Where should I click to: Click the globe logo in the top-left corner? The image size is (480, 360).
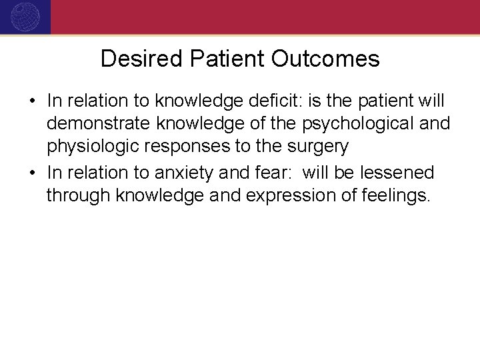tap(25, 17)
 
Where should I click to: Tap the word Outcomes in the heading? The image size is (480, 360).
tap(326, 59)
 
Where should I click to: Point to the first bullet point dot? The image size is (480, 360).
tap(32, 101)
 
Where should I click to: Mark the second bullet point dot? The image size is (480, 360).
tap(32, 173)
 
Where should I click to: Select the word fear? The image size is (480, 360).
tap(271, 173)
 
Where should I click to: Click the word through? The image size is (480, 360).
tap(78, 197)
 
